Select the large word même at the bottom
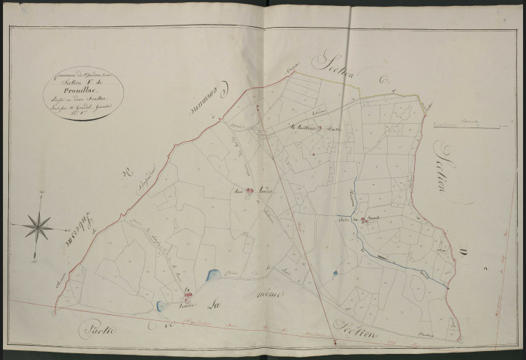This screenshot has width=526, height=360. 268,295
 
